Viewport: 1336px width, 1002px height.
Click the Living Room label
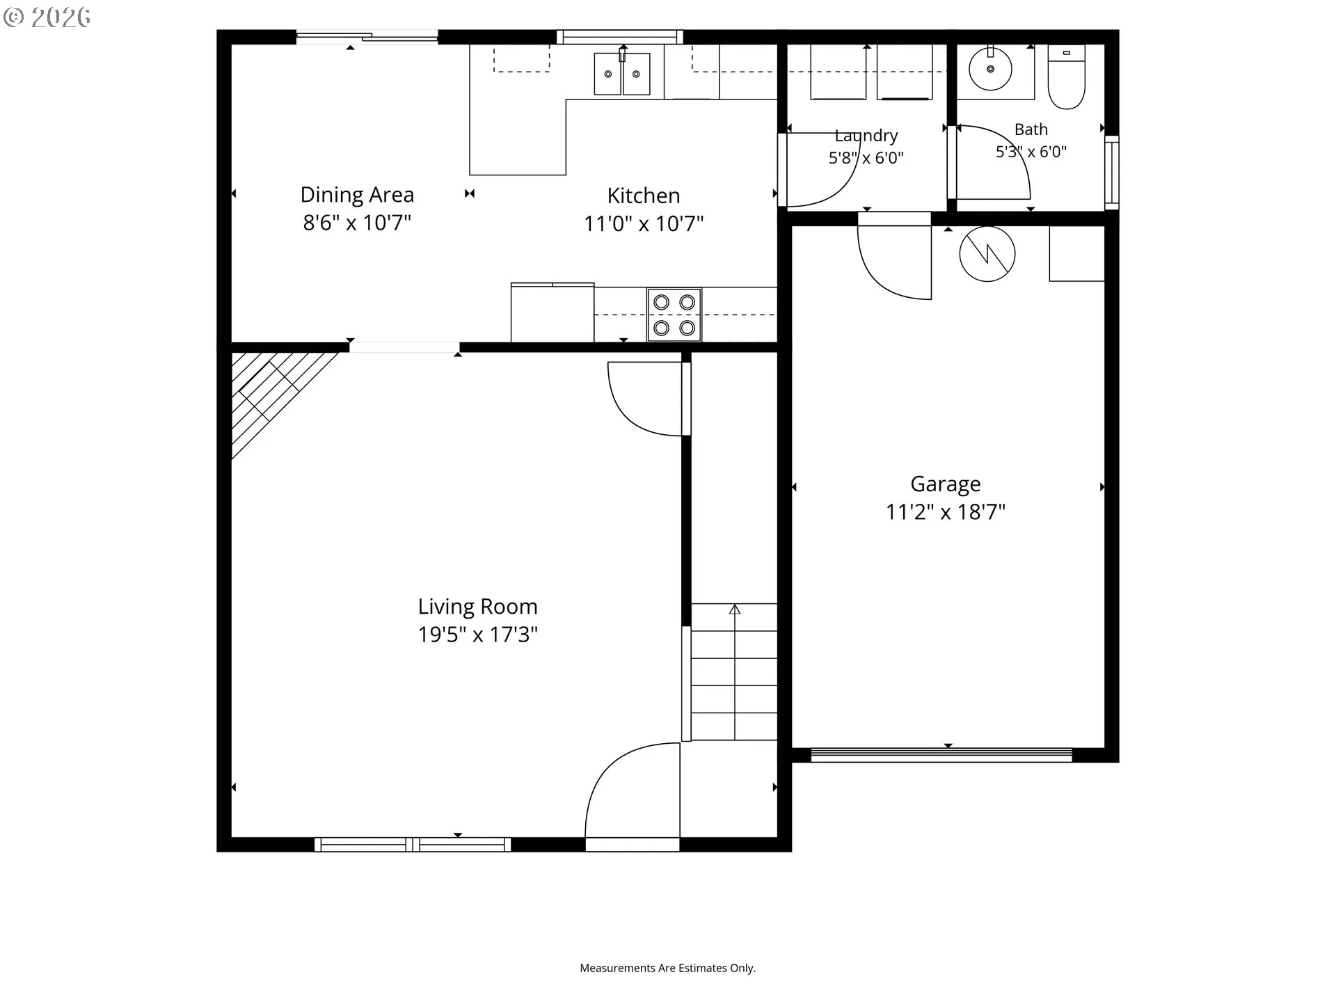[x=477, y=607]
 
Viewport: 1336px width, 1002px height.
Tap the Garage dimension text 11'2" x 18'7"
[x=945, y=512]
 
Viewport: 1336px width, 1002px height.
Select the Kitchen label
[x=644, y=196]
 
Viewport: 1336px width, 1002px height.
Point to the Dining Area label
[x=357, y=195]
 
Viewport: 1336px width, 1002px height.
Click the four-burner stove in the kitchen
[x=674, y=315]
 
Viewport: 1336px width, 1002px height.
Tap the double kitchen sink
[x=622, y=74]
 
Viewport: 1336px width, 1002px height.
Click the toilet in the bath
[x=1067, y=77]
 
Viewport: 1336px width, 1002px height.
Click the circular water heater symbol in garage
[x=987, y=254]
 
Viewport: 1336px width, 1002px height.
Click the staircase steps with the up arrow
[x=734, y=671]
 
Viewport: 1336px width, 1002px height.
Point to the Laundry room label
[x=866, y=136]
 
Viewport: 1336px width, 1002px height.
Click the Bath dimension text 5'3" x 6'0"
[x=1031, y=152]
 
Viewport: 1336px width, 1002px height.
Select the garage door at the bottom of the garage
[x=941, y=755]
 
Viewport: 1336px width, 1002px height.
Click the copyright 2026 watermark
[x=47, y=17]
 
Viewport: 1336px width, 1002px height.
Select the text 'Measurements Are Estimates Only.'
[x=668, y=968]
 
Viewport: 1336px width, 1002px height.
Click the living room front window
[x=413, y=845]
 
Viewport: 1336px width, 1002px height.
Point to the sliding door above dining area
[x=367, y=37]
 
